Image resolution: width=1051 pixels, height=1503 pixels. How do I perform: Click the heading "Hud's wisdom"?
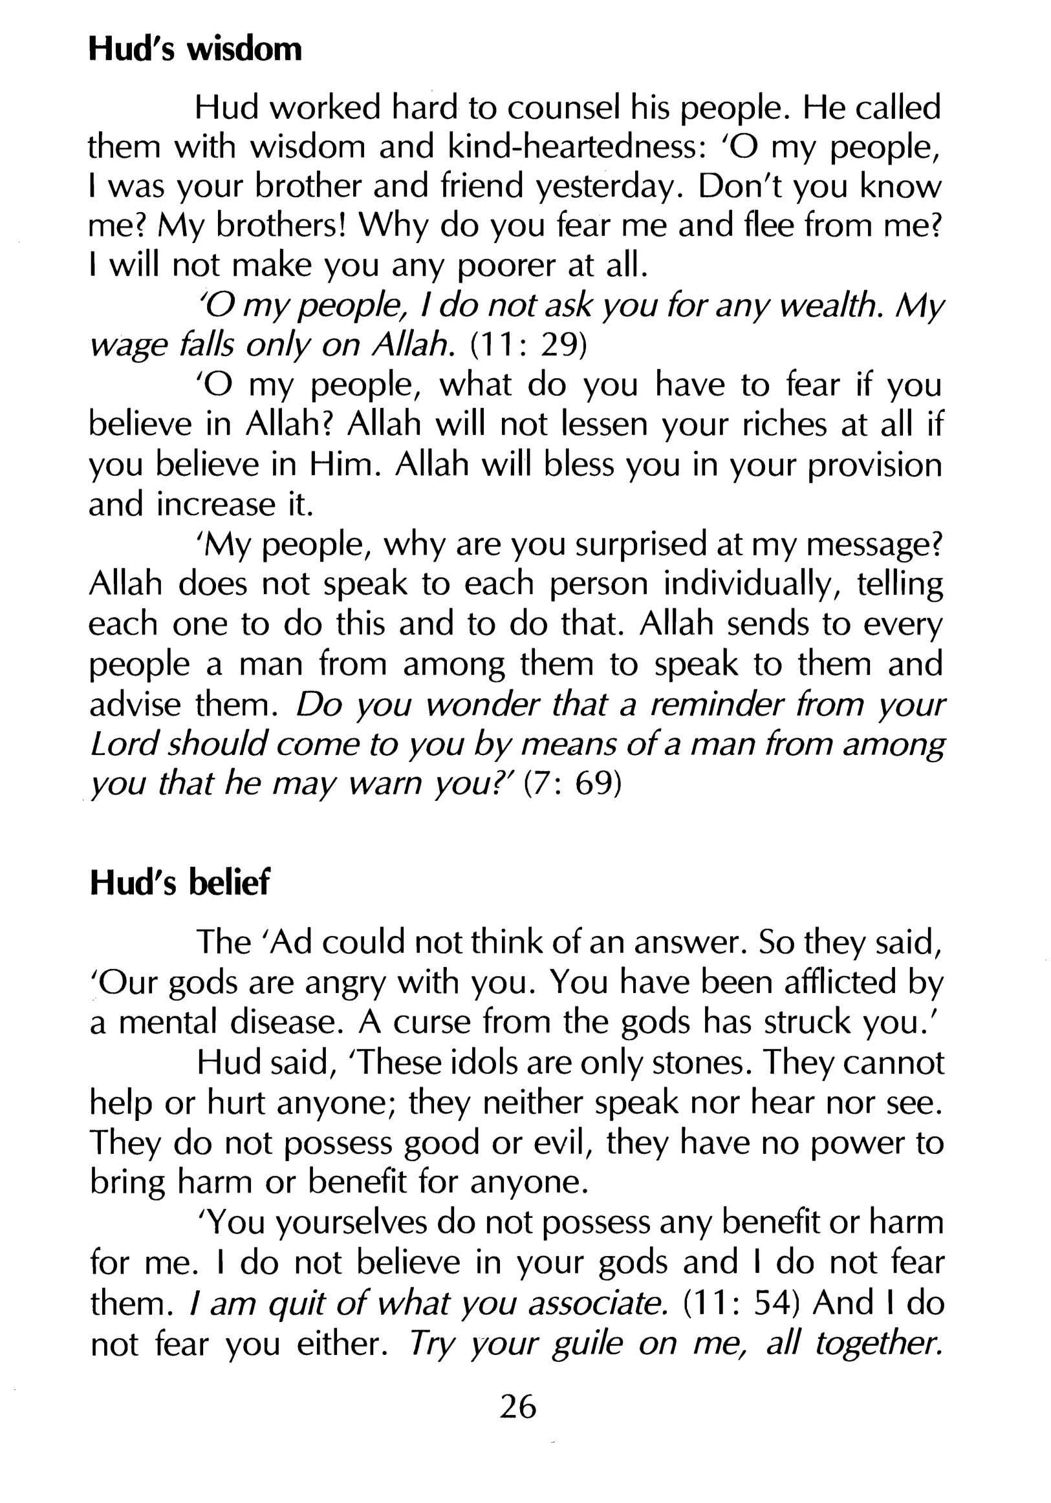click(x=195, y=50)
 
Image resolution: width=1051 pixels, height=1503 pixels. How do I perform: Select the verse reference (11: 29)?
click(x=528, y=345)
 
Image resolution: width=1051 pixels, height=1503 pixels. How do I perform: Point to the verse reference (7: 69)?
click(x=572, y=783)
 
